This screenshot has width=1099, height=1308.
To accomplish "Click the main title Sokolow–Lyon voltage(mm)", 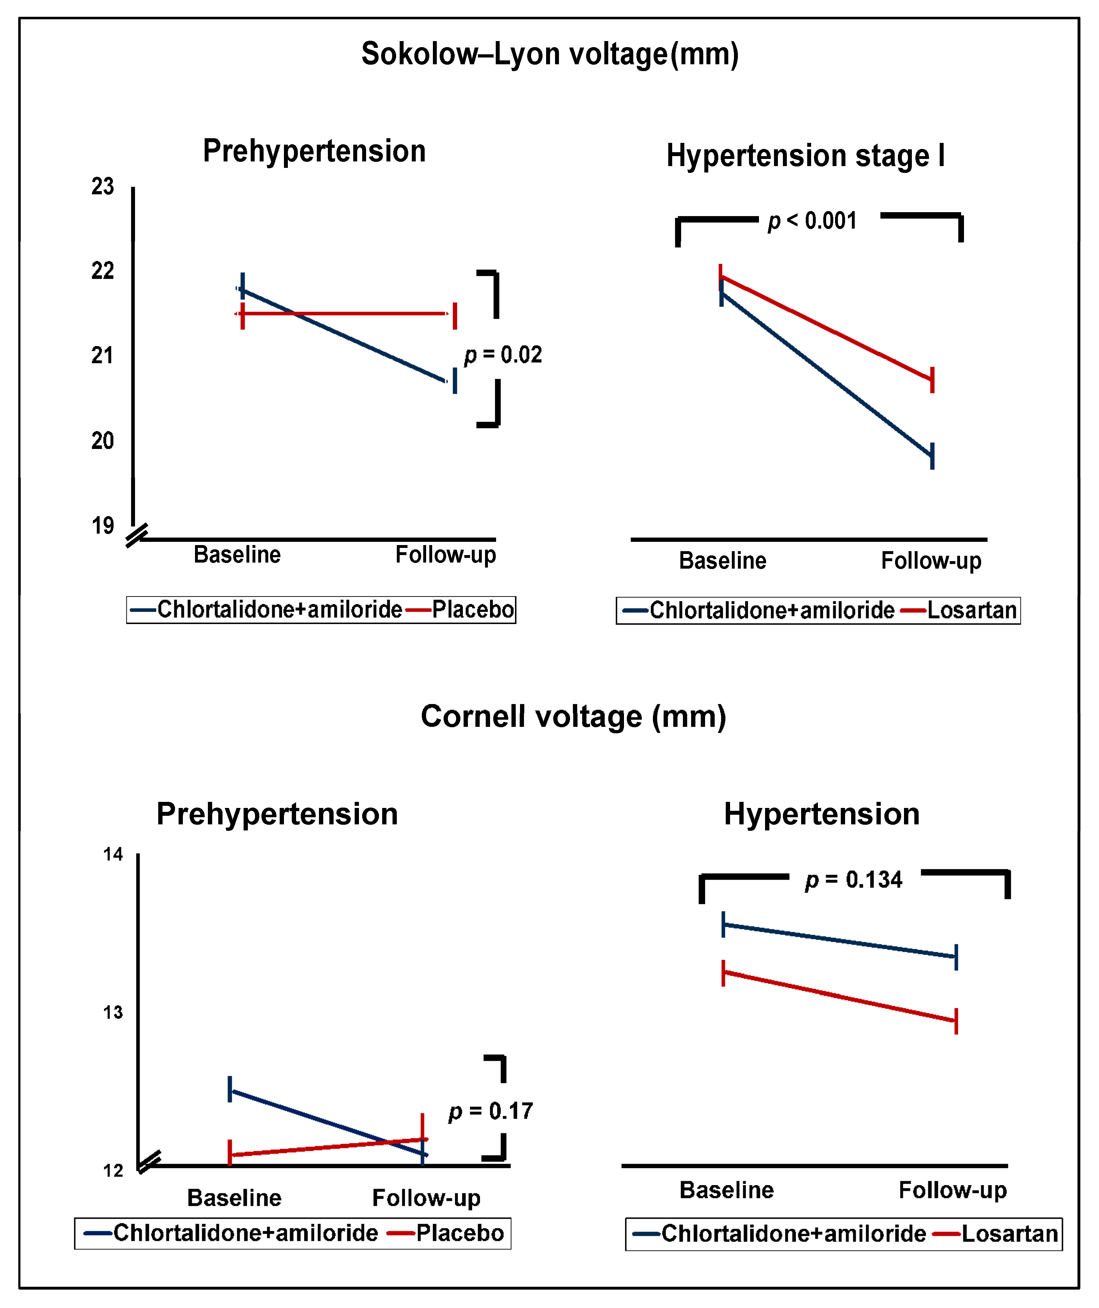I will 550,54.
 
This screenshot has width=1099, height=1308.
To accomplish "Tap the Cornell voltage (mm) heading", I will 573,717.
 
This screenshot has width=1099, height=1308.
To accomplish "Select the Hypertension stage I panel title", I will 805,156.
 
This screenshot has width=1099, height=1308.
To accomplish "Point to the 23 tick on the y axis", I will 103,186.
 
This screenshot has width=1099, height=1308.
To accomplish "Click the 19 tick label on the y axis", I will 103,526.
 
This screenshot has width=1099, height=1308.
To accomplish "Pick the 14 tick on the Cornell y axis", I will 113,854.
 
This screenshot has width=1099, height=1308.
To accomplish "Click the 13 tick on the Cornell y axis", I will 113,1013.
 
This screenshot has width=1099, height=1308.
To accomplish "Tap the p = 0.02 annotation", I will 503,355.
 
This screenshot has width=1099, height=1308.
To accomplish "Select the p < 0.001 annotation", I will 813,221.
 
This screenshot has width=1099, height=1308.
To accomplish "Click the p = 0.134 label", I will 854,880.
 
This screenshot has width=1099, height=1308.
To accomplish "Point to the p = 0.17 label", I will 491,1111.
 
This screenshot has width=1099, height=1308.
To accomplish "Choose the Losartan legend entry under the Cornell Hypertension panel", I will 1009,1234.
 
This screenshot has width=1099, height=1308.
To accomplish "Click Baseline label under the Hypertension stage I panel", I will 723,561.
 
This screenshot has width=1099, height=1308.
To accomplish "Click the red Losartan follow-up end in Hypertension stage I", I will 932,379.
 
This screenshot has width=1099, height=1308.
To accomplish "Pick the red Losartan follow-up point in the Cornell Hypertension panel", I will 956,1021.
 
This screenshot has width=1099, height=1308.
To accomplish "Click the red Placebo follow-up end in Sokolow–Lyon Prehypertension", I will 455,314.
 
